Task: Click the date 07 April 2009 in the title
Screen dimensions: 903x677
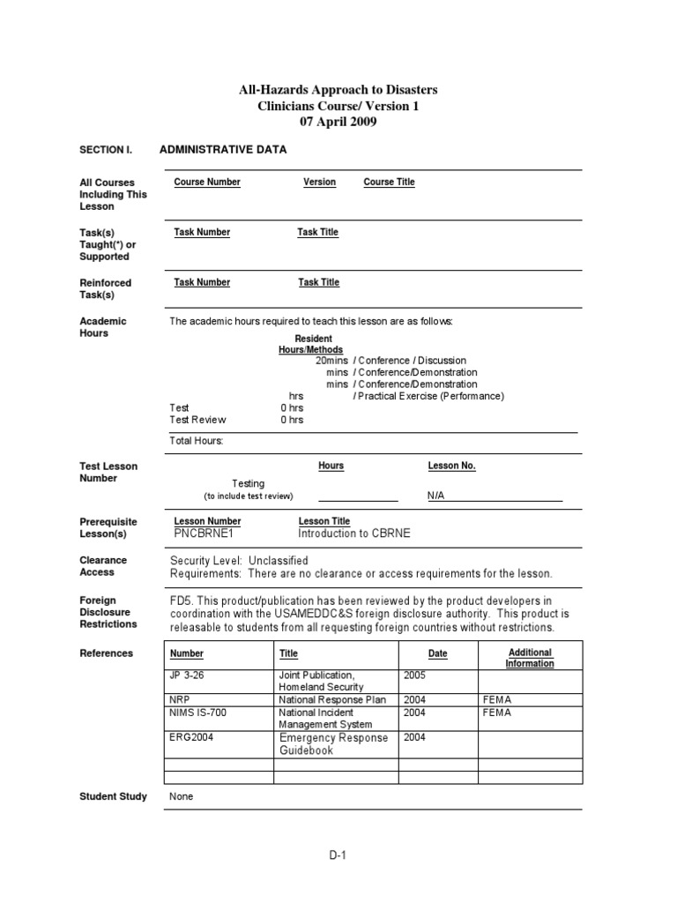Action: pos(338,123)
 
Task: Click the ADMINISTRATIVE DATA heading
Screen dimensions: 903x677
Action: pos(223,150)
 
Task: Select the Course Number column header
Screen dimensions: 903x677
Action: pos(207,183)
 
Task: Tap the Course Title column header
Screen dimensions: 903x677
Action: pos(389,183)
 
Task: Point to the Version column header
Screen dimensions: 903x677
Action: pos(319,183)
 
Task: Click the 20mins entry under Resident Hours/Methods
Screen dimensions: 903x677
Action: pos(331,361)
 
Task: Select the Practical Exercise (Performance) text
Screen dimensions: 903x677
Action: pos(428,397)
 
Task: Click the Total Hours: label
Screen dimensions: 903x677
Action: pos(197,440)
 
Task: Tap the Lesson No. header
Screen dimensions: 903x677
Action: pos(451,466)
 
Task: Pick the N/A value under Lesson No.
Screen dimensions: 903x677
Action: pos(436,496)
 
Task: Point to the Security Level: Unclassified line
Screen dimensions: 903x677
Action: pos(239,561)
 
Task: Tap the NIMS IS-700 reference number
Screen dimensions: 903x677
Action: pos(199,713)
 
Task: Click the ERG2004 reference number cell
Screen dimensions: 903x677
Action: pos(190,738)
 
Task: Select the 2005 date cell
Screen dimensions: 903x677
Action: pos(414,675)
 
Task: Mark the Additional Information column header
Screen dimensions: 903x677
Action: pos(530,658)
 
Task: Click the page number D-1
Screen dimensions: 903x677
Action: pos(338,854)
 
